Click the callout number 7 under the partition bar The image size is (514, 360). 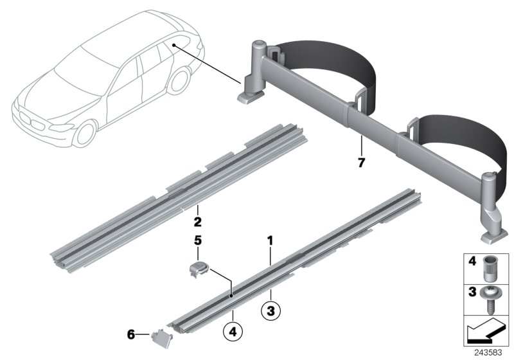[x=361, y=163]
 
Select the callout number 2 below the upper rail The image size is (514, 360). [x=198, y=223]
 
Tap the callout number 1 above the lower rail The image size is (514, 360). [x=270, y=241]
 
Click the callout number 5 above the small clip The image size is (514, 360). [x=198, y=241]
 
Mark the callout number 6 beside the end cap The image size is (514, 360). [x=131, y=334]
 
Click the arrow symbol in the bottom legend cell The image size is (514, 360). [x=487, y=332]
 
